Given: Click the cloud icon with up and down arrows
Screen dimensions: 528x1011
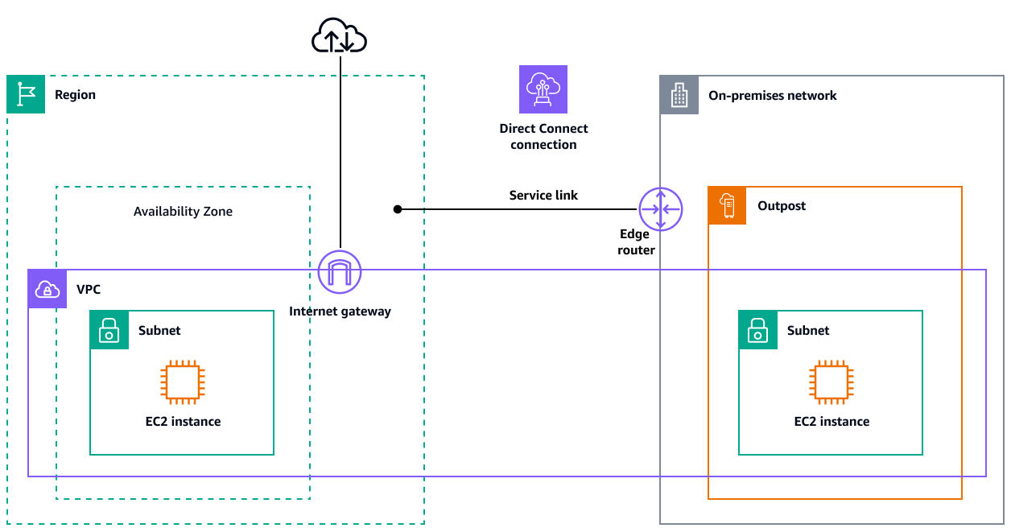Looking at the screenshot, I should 339,37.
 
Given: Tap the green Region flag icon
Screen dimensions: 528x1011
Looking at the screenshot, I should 26,94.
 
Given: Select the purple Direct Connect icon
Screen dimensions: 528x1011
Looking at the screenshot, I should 543,89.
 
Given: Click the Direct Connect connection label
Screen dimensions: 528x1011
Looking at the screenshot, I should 543,136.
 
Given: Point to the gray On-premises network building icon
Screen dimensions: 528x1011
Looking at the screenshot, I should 679,95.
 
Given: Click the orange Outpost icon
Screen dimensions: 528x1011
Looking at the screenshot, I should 728,206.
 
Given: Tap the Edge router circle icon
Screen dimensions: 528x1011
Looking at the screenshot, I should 660,208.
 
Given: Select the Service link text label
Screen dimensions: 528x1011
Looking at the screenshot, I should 543,195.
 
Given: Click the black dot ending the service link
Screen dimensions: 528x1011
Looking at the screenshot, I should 397,209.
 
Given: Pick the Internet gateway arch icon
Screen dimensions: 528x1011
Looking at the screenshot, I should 340,273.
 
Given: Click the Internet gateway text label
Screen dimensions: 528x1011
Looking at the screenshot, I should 340,311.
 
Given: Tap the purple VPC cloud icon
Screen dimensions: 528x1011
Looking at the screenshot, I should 47,289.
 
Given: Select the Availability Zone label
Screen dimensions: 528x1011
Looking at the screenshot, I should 183,212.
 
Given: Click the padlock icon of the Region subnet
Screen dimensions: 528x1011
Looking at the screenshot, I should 109,330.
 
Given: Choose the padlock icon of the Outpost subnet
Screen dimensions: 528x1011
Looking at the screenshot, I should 758,330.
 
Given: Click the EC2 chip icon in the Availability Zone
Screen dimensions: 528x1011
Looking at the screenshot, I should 183,382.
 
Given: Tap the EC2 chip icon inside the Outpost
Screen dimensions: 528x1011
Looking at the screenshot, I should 831,382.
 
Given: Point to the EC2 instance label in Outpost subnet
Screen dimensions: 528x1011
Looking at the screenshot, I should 831,421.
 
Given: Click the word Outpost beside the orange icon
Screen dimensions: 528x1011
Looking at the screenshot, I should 781,206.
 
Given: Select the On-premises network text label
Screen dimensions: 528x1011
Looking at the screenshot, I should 772,95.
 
